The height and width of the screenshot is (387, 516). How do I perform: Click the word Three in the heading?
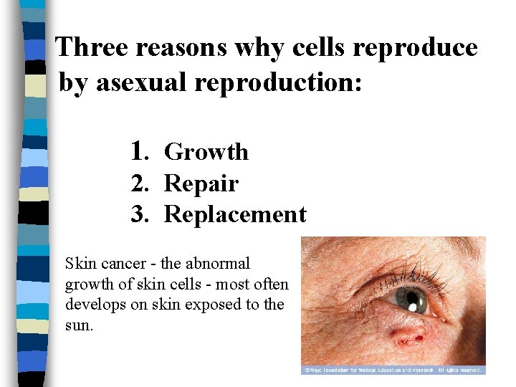pos(92,47)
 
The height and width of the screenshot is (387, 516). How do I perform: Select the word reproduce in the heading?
pos(425,49)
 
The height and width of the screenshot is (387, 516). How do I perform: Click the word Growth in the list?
pos(206,152)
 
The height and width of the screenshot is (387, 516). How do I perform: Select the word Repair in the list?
pos(201,184)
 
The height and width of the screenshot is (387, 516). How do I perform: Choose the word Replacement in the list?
pos(235,214)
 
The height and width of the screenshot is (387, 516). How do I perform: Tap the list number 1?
pos(139,151)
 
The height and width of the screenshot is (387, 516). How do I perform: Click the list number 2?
pos(139,184)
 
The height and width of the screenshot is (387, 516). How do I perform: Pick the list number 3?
pos(139,214)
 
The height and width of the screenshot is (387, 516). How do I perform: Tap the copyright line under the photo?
pos(393,370)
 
